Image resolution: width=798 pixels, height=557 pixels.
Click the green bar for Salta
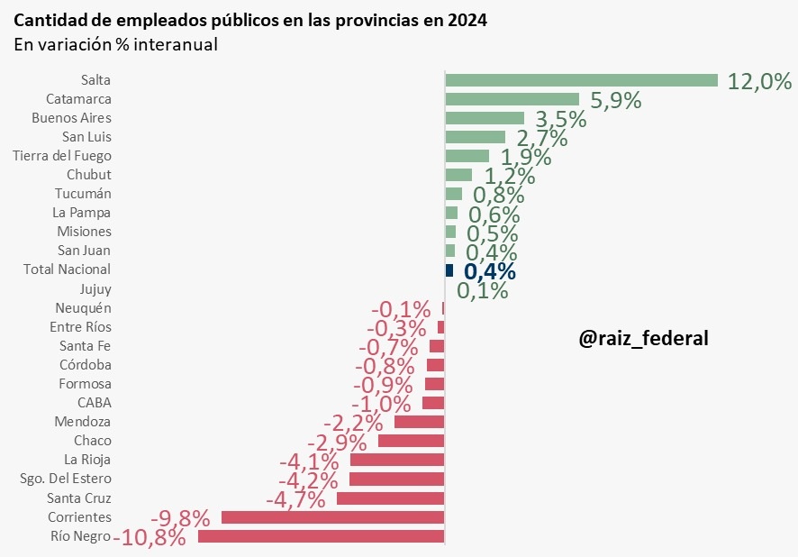tap(581, 80)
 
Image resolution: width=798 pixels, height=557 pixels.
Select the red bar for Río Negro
tap(321, 536)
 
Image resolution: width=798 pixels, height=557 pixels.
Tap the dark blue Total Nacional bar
tap(449, 270)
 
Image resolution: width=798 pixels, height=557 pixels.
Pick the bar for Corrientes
tap(332, 517)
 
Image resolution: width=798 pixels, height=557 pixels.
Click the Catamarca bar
tap(512, 99)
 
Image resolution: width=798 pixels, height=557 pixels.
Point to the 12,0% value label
tap(759, 82)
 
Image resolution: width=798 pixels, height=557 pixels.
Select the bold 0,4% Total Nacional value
tap(490, 271)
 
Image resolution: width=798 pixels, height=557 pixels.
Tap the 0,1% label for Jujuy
tap(483, 290)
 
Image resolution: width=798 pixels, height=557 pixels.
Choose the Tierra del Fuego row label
tap(62, 156)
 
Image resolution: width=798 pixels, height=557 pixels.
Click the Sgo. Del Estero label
tap(66, 479)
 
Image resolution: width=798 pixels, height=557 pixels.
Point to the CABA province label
tap(95, 403)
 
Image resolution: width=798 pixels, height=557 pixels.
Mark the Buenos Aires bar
tap(485, 118)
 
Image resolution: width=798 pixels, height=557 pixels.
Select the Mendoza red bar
tap(419, 422)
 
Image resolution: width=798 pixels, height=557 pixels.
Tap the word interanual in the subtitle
tap(176, 44)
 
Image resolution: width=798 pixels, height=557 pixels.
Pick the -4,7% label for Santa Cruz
tap(296, 498)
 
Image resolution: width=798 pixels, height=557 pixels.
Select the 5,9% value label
tap(616, 101)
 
